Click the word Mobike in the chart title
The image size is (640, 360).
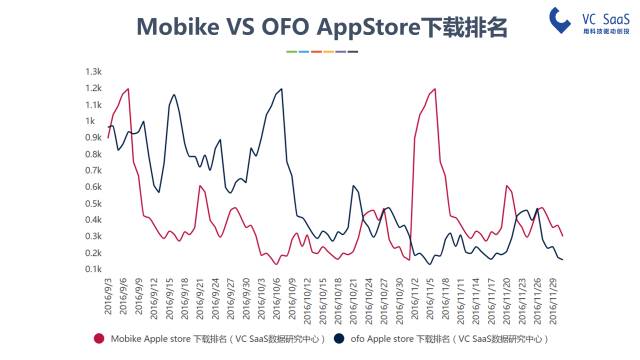[x=176, y=27]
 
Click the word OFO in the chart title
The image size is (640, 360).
[x=287, y=27]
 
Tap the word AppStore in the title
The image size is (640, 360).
[x=375, y=27]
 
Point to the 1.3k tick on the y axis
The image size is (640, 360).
[x=94, y=72]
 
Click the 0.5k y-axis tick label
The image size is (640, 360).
[x=94, y=203]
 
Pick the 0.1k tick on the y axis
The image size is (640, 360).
[x=94, y=269]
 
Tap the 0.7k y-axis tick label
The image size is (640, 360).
[x=94, y=170]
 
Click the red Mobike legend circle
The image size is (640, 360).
[x=99, y=340]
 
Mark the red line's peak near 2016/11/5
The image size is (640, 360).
[x=435, y=89]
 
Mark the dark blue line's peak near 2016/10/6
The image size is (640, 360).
[x=281, y=89]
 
